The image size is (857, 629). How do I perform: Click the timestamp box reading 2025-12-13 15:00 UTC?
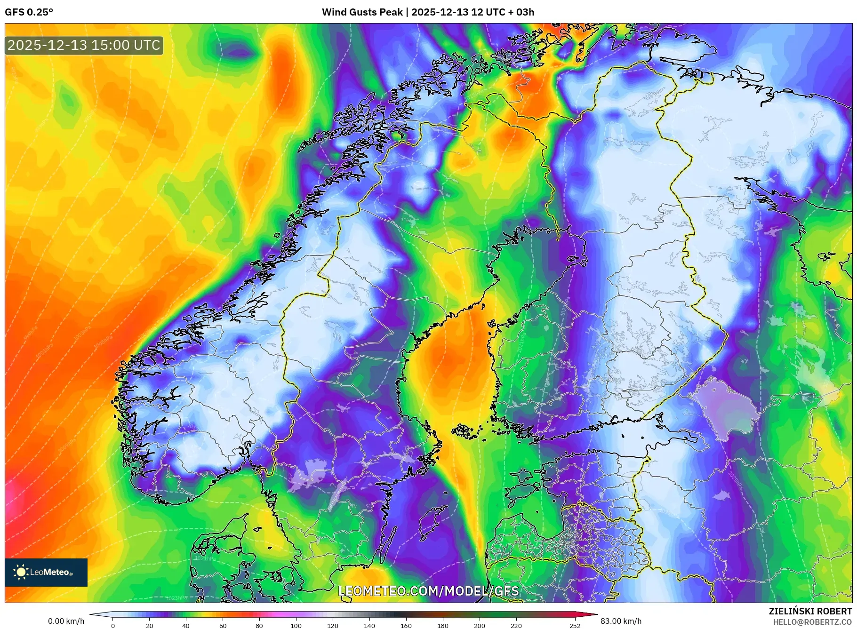pos(84,45)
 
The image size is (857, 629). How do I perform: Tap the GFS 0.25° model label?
pos(29,12)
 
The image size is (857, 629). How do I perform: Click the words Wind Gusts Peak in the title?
pos(362,12)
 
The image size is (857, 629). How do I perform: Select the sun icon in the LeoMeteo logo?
pos(21,572)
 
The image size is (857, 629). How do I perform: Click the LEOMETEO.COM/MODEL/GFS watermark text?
pos(428,591)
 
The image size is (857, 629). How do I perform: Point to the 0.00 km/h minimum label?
pos(66,621)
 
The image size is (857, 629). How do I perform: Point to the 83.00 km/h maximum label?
pos(621,621)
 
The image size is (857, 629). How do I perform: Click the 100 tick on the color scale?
pos(296,626)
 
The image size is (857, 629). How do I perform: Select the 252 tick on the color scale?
pos(575,626)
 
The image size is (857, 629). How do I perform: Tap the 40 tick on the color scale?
pos(186,626)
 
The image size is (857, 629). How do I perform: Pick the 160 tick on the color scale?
pos(406,626)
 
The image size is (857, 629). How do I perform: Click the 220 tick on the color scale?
pos(516,626)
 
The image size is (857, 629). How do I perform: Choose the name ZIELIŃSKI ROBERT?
pos(810,611)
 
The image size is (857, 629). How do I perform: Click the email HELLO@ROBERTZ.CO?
pos(812,622)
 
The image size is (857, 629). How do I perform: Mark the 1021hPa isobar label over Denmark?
pos(205,558)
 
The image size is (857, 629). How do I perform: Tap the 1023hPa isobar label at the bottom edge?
pos(176,598)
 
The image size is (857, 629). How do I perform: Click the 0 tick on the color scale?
pos(113,626)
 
